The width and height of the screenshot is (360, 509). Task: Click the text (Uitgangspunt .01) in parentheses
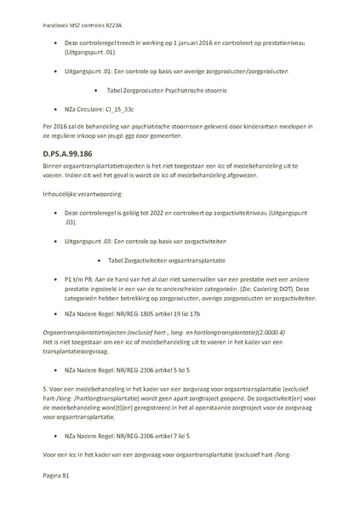(x=93, y=53)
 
